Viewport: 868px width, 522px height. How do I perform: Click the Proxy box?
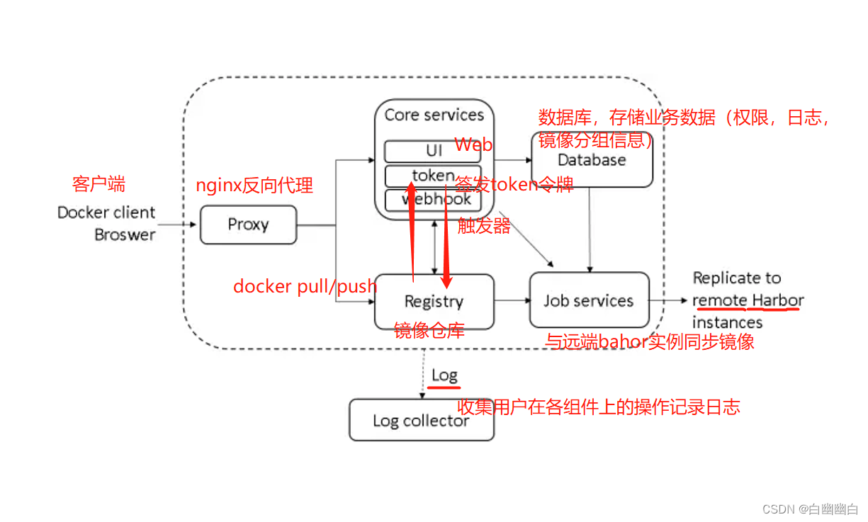point(248,225)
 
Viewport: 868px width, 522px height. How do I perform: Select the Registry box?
point(434,301)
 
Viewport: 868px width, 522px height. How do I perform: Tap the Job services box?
point(588,300)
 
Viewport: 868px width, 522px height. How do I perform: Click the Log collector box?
point(421,421)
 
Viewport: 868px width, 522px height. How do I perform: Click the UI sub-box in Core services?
point(434,151)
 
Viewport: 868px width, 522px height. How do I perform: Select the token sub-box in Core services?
point(433,175)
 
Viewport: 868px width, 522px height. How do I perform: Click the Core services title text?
point(434,115)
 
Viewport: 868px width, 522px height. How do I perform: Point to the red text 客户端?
point(98,184)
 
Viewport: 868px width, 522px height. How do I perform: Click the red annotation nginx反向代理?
point(254,186)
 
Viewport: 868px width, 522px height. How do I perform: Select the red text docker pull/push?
point(305,286)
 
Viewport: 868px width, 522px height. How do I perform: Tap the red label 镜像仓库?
point(429,330)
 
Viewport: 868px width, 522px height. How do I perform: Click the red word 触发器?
point(484,227)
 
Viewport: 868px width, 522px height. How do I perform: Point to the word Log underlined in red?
point(444,375)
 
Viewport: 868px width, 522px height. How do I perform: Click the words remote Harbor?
point(748,300)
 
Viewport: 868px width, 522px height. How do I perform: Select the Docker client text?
point(106,212)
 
